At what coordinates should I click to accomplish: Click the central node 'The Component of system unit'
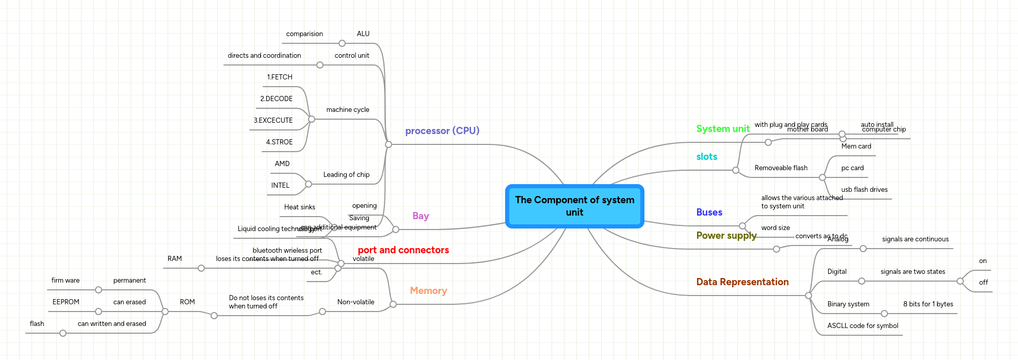coord(574,206)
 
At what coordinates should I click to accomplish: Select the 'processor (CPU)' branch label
coord(442,130)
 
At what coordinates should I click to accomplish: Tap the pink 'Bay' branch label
coord(421,216)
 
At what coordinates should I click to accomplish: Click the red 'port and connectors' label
coord(403,250)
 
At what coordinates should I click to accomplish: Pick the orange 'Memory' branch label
coord(428,290)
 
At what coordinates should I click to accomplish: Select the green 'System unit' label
coord(722,128)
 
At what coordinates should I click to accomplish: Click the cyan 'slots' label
coord(706,156)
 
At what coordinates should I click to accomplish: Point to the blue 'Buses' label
coord(709,212)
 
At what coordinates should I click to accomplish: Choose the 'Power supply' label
coord(726,235)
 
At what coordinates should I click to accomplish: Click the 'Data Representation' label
coord(742,282)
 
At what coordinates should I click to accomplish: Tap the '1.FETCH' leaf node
coord(279,77)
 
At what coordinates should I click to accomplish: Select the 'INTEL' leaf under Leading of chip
coord(280,185)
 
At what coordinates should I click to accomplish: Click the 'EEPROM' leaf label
coord(66,302)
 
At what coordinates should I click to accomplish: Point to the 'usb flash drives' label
coord(864,189)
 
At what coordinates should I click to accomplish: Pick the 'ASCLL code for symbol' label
coord(862,325)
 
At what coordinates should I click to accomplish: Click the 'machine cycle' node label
coord(347,109)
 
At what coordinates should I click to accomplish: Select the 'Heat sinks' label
coord(299,207)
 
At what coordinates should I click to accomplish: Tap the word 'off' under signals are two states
coord(983,282)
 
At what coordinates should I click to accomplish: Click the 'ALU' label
coord(363,34)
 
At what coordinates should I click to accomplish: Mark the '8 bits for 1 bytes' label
coord(928,304)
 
